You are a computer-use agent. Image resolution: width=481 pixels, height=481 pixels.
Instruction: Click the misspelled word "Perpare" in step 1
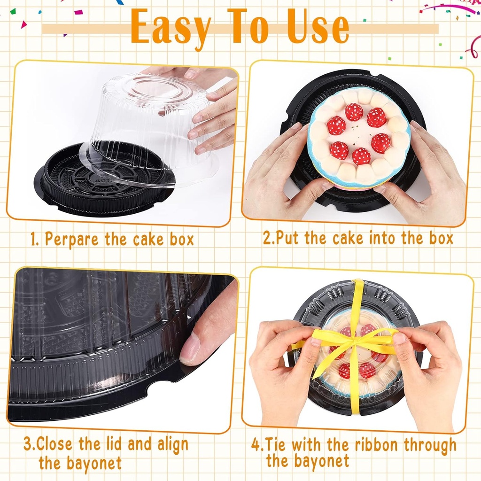click(72, 240)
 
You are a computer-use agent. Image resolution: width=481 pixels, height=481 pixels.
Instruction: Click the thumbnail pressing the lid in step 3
click(190, 350)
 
